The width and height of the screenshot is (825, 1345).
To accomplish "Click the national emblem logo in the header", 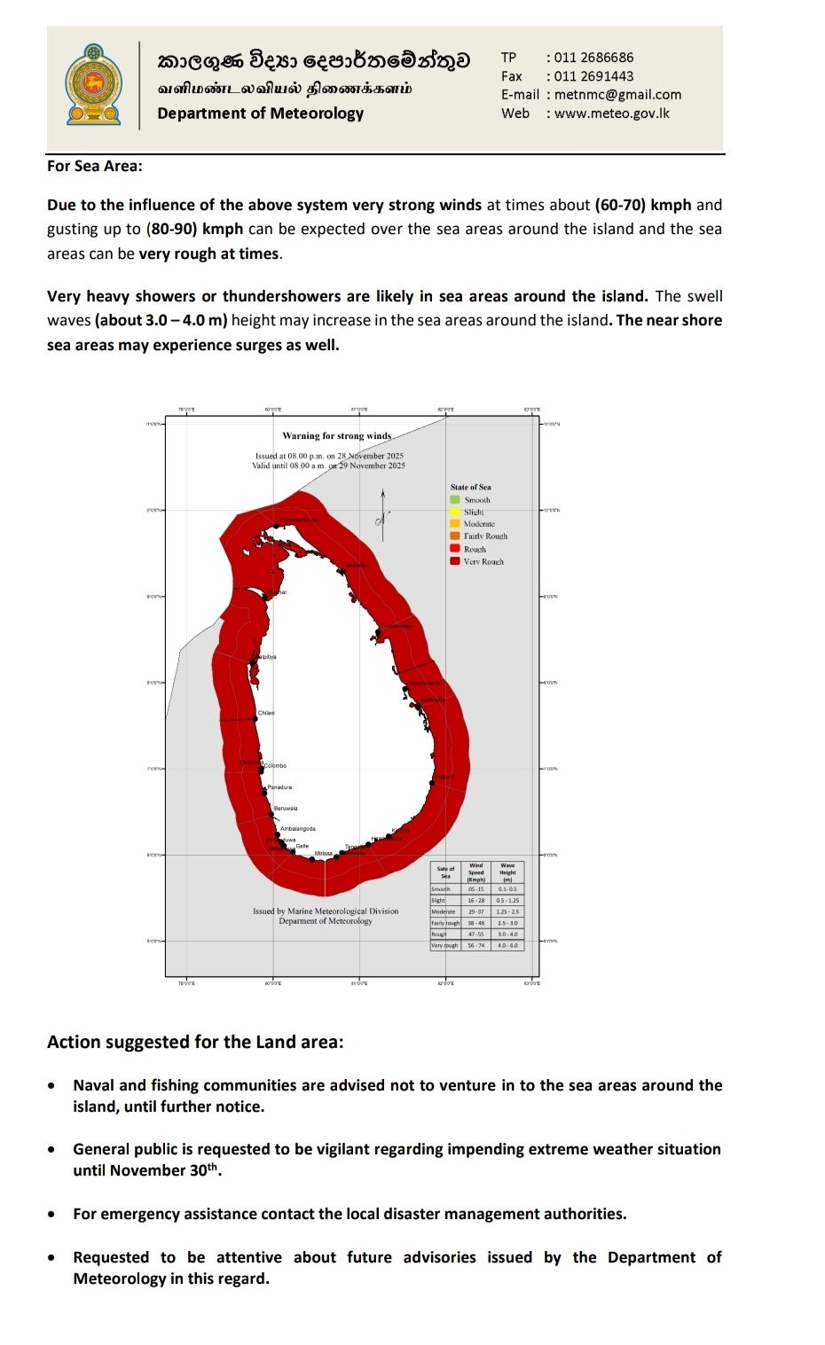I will click(x=93, y=85).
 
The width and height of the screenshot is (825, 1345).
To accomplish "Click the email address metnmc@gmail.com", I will click(x=617, y=95).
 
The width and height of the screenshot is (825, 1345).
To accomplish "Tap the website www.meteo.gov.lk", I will click(x=611, y=113).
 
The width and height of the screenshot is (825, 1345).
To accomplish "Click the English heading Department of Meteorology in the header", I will click(x=260, y=113).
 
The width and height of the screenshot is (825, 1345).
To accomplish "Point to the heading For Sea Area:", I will click(x=95, y=166).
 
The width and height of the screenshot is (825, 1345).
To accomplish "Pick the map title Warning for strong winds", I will click(x=336, y=435).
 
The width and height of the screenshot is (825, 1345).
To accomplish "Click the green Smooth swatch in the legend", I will click(x=455, y=500).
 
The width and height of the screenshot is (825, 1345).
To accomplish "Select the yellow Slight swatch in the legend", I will click(x=455, y=512).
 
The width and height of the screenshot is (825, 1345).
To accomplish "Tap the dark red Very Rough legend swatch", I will click(x=455, y=561).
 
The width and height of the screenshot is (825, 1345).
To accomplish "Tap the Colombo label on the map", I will click(x=275, y=765).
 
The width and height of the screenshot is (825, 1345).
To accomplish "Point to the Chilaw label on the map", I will click(x=266, y=713).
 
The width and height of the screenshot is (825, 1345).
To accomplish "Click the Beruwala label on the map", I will click(x=286, y=809).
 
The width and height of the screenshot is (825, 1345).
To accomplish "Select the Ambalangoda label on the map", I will click(x=297, y=829).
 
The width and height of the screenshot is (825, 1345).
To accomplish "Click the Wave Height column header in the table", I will click(x=507, y=872).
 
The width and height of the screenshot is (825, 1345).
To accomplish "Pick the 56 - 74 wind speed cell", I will click(x=476, y=945).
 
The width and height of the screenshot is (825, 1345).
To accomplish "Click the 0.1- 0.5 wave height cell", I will click(x=507, y=888).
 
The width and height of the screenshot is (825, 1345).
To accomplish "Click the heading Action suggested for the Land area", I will click(x=195, y=1042).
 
